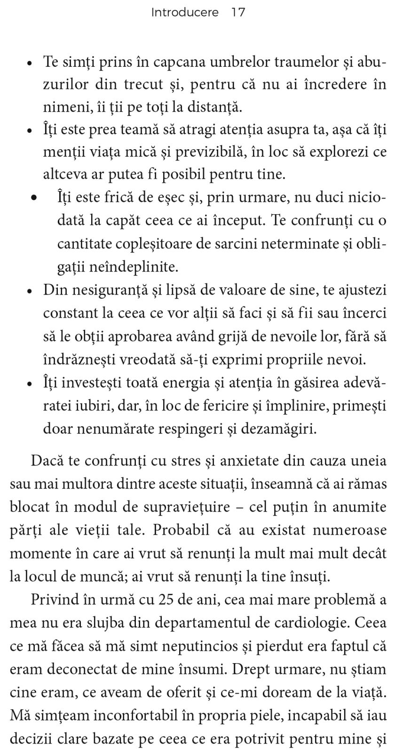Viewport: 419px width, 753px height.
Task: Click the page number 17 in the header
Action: point(238,13)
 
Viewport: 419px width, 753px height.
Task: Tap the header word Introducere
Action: point(185,13)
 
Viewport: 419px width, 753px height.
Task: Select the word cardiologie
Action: point(310,623)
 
